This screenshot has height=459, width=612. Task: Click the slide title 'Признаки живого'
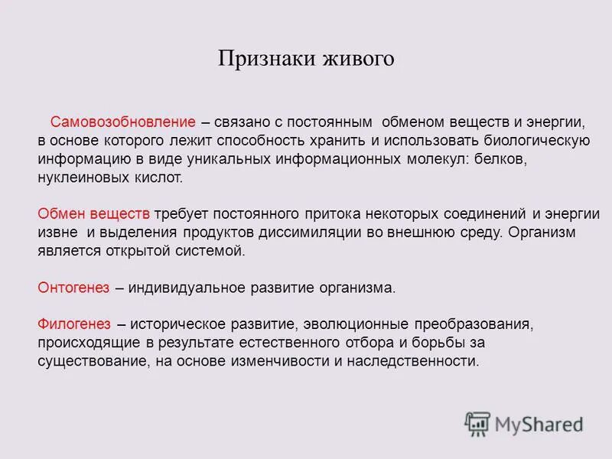click(x=306, y=59)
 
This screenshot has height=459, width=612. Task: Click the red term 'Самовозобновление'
click(x=123, y=122)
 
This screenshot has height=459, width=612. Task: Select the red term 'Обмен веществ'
click(x=93, y=213)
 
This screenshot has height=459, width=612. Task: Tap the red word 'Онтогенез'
click(x=73, y=288)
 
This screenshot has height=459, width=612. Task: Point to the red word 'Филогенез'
click(x=74, y=324)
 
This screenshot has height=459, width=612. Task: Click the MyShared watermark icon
click(x=477, y=423)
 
